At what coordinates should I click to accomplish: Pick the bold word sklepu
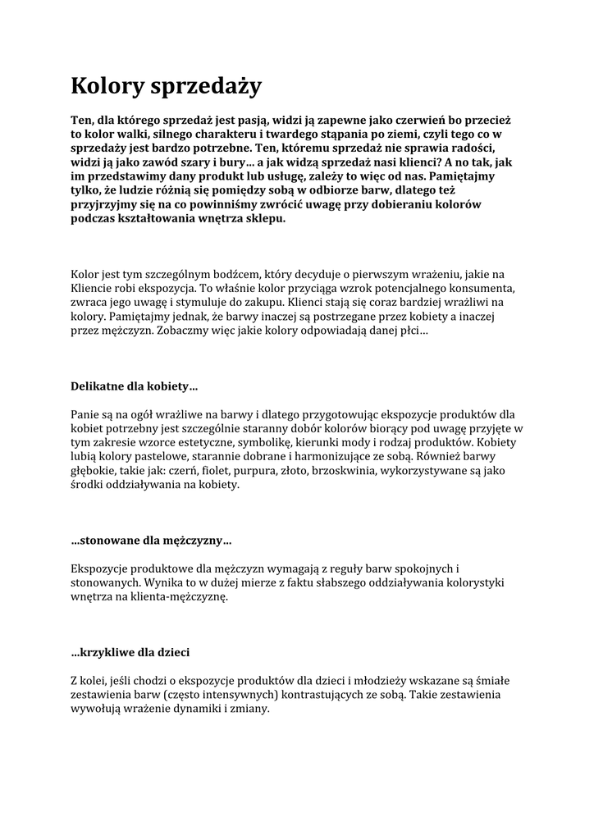[x=264, y=219]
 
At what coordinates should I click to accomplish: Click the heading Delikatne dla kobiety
[x=134, y=385]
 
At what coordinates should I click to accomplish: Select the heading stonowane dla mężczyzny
[x=151, y=541]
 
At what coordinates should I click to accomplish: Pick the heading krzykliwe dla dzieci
[x=130, y=652]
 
